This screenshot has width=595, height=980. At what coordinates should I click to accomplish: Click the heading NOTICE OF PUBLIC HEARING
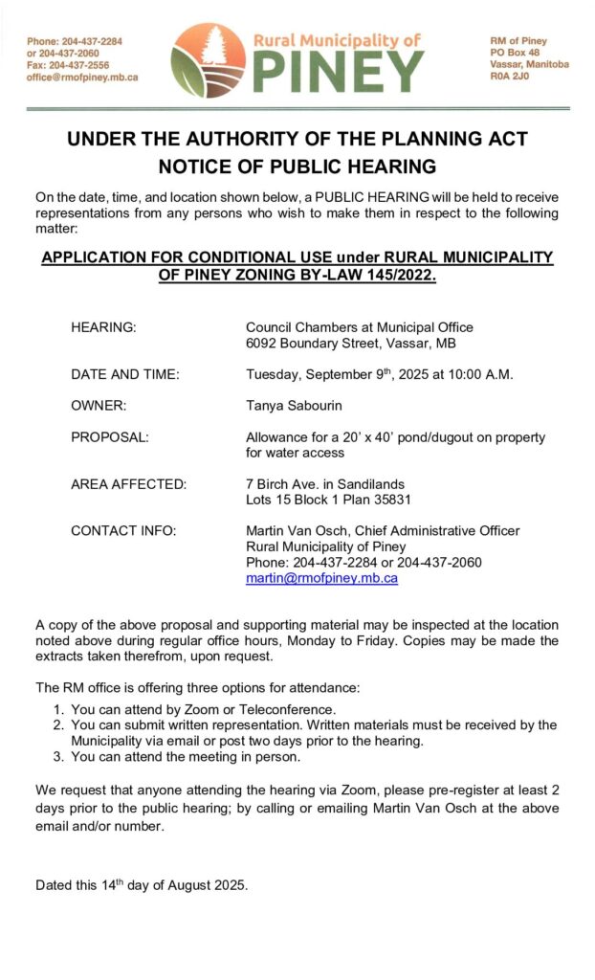click(297, 167)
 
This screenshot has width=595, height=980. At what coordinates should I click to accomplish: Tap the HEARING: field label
click(103, 327)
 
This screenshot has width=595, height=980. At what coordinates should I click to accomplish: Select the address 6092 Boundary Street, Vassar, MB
click(351, 343)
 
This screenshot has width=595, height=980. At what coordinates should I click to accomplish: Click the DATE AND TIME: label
click(124, 374)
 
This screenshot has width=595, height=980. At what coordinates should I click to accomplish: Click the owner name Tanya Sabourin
click(294, 406)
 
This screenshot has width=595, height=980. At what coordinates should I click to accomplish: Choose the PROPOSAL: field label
click(109, 437)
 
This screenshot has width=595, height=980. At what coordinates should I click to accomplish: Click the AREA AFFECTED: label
click(128, 484)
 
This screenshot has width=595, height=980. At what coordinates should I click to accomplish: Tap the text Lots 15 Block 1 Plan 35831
click(328, 500)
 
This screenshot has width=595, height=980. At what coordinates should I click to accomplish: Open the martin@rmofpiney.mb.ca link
click(321, 578)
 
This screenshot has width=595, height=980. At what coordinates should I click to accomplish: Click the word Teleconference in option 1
click(288, 709)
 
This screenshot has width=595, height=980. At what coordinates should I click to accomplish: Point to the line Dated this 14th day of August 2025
click(142, 885)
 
